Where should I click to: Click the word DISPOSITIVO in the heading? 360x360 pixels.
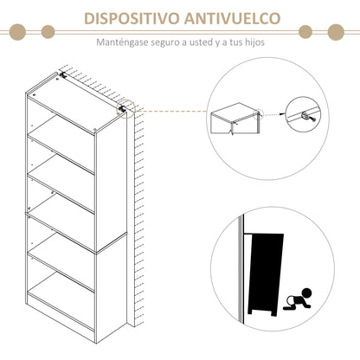[126, 19]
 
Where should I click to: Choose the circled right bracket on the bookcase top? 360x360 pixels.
[123, 108]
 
